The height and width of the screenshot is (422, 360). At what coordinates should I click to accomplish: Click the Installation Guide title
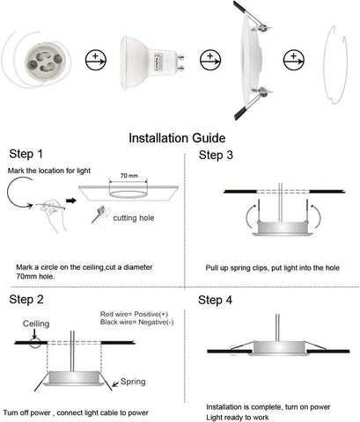[180, 138]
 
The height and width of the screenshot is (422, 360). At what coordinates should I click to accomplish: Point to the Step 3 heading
[217, 156]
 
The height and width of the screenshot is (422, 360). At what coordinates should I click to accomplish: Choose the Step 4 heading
[217, 300]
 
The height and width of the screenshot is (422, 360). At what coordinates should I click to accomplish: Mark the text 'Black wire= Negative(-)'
[139, 323]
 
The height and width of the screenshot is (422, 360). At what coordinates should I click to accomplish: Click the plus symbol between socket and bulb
[93, 62]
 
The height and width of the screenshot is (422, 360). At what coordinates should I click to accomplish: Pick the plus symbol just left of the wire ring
[291, 62]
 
